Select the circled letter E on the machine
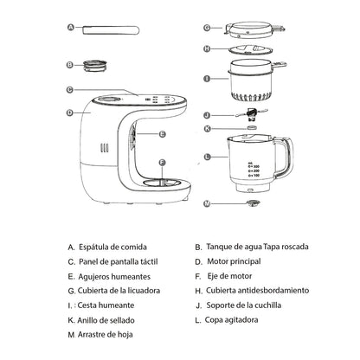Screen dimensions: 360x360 point(162,134)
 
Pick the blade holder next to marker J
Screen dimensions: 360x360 point(252,113)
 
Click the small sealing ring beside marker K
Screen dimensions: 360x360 point(252,128)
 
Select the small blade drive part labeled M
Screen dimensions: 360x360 point(253,204)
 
